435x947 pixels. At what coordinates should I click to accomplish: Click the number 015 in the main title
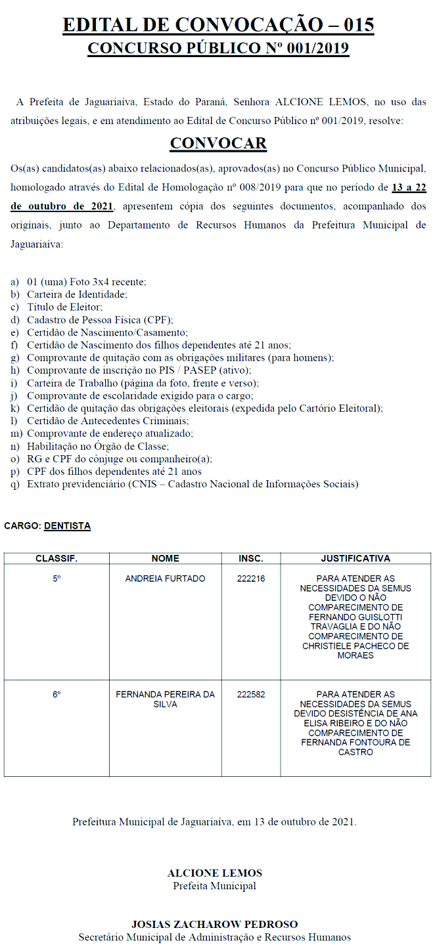(354, 25)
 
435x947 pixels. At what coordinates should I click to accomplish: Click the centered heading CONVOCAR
(218, 143)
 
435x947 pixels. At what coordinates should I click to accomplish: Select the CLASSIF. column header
(57, 558)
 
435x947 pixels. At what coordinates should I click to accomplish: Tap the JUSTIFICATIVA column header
(355, 558)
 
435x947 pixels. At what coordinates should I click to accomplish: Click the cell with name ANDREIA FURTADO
(165, 579)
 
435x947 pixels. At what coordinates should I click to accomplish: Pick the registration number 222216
(251, 579)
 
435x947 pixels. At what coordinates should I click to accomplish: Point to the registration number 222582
(251, 694)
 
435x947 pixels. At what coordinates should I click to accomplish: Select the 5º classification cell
(57, 579)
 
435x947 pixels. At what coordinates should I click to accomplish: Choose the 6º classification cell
(57, 694)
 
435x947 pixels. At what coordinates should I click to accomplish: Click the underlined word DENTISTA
(67, 526)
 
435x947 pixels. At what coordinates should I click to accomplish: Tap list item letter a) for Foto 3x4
(14, 281)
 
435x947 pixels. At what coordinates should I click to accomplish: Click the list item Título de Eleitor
(65, 307)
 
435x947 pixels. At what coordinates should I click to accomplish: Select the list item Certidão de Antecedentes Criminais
(108, 420)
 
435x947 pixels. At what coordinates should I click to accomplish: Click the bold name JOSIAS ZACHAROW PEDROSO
(214, 924)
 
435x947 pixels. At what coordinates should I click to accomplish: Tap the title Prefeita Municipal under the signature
(214, 886)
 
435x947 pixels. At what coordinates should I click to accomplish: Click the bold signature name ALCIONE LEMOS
(214, 873)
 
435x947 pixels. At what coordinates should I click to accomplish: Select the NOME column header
(165, 558)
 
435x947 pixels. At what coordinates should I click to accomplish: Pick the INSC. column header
(251, 558)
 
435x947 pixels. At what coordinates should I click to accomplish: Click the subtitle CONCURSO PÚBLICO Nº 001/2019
(218, 49)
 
